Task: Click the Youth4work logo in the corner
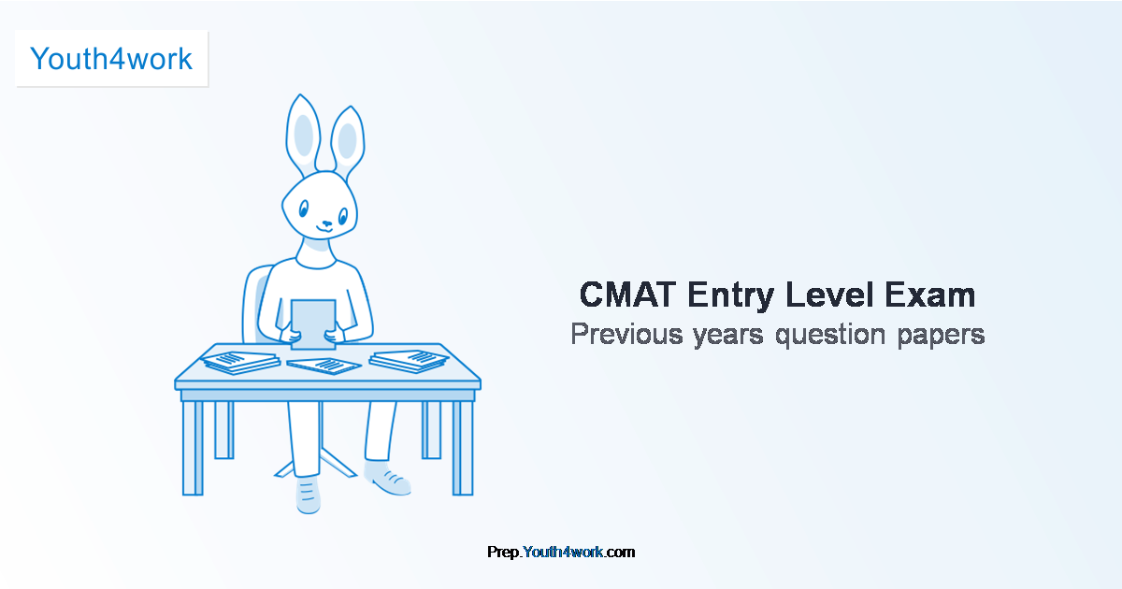tap(111, 59)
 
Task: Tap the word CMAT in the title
tap(627, 295)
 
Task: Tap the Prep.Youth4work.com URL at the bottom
tap(561, 553)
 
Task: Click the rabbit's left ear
tap(304, 136)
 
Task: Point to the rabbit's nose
tap(325, 223)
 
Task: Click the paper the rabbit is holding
tap(313, 323)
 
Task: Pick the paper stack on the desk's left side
tap(240, 361)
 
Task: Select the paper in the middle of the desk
tap(324, 365)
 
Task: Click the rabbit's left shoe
tap(308, 493)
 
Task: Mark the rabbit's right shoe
tap(387, 478)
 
